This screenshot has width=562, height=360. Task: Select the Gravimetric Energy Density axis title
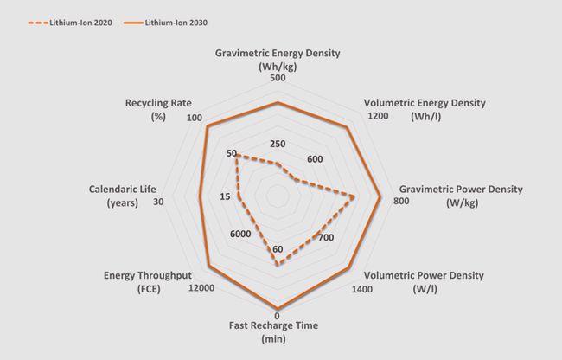pyautogui.click(x=278, y=60)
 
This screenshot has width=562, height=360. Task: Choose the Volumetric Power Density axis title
pyautogui.click(x=424, y=281)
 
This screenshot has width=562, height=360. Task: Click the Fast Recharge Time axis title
pyautogui.click(x=274, y=331)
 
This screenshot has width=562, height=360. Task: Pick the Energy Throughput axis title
pyautogui.click(x=146, y=281)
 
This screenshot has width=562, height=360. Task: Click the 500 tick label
pyautogui.click(x=277, y=79)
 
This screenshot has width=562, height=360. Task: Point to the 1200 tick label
pyautogui.click(x=377, y=115)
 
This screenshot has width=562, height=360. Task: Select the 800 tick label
pyautogui.click(x=400, y=202)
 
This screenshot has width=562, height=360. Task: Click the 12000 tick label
pyautogui.click(x=201, y=289)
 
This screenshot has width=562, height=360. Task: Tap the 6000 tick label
pyautogui.click(x=241, y=235)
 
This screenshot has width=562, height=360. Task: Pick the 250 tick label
pyautogui.click(x=277, y=144)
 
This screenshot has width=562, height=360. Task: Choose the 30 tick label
pyautogui.click(x=158, y=202)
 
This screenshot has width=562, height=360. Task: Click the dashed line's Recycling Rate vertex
pyautogui.click(x=236, y=155)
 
